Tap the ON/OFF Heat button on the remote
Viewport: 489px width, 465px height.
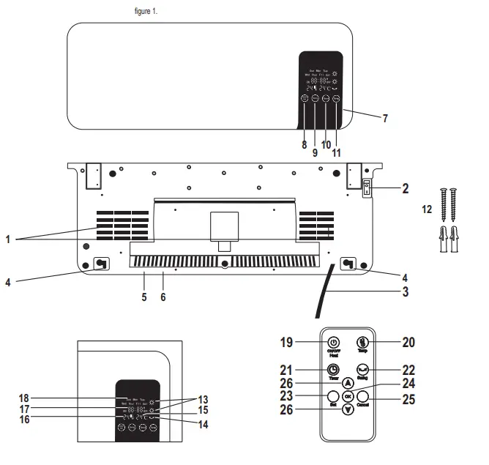tap(333, 343)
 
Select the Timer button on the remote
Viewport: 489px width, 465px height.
tap(333, 370)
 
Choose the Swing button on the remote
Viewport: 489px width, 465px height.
tap(362, 370)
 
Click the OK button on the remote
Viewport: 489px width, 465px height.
tap(348, 396)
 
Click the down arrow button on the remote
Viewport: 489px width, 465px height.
tap(348, 410)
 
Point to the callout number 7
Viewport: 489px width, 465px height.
tap(385, 118)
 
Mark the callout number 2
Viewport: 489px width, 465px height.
tap(405, 189)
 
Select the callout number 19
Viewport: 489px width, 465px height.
tap(288, 341)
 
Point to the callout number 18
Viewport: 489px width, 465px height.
tap(24, 398)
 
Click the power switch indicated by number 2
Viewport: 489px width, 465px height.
tap(367, 189)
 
